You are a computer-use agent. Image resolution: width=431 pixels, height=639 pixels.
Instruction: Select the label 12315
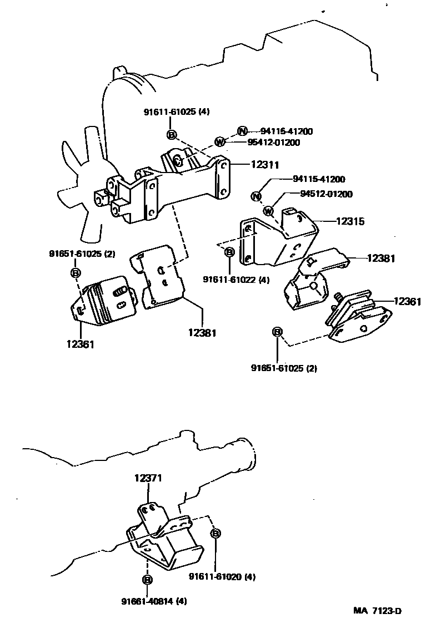point(350,221)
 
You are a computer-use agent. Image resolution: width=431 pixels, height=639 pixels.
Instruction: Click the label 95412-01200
point(273,143)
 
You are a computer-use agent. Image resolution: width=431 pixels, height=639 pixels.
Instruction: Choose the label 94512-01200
point(326,194)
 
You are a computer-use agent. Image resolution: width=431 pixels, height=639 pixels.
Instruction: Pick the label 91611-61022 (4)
point(236,280)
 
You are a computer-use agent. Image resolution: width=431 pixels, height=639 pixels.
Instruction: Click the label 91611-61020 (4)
point(222,577)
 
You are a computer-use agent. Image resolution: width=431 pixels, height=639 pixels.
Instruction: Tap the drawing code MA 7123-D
point(378,611)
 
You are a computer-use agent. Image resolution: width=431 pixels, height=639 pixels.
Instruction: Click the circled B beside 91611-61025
point(171,134)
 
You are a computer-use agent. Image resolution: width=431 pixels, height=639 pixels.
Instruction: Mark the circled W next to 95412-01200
point(220,143)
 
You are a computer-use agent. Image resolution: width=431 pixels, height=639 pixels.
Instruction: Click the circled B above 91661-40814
point(147,580)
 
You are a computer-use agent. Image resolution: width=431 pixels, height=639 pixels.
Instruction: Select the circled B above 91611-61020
point(215,533)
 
